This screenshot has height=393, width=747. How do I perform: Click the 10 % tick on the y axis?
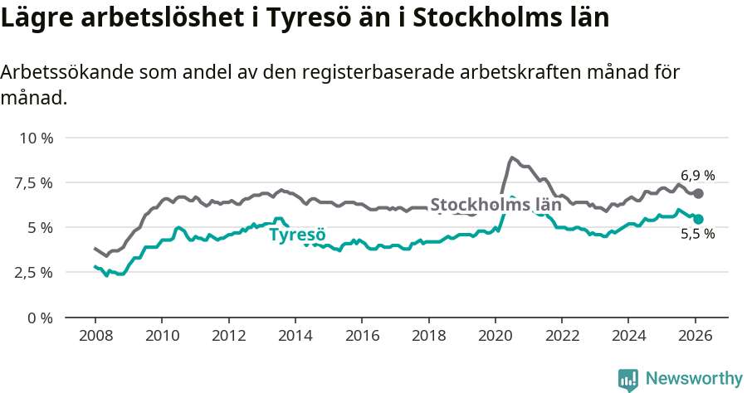(x=36, y=138)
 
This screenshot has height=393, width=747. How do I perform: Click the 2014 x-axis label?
(x=295, y=337)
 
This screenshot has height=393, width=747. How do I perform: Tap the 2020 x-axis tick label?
(x=495, y=337)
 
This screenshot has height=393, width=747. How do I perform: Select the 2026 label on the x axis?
(x=695, y=337)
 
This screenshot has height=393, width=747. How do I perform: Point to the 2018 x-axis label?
(x=428, y=337)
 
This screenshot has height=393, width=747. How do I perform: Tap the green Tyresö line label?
(x=298, y=235)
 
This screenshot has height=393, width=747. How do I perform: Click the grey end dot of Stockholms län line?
(x=698, y=193)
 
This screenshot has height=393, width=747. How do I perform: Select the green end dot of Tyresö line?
(x=698, y=219)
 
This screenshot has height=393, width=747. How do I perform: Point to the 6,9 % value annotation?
(x=697, y=175)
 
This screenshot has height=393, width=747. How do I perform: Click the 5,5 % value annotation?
(x=697, y=235)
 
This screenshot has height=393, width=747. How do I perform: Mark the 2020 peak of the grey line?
(x=512, y=157)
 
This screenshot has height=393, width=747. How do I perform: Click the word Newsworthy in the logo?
(x=694, y=378)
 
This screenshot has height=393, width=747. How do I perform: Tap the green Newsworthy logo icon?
(x=628, y=379)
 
